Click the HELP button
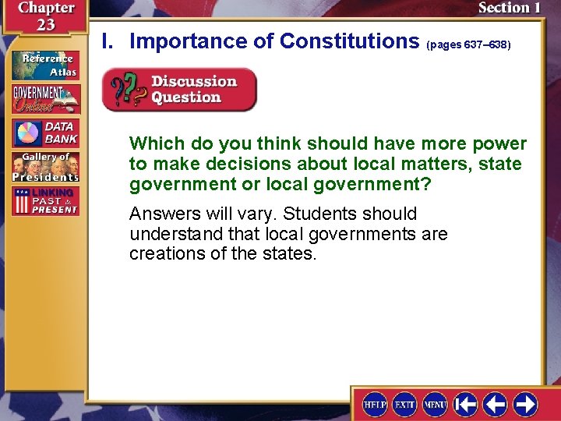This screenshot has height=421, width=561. pos(375,405)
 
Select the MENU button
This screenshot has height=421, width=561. pos(435,405)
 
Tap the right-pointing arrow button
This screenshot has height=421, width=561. pos(525,405)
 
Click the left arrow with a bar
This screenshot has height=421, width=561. pos(466,405)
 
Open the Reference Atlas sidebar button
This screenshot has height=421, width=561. pos(44,65)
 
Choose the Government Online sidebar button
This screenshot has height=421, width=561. pos(44,99)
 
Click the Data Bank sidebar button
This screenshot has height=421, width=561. pos(44,133)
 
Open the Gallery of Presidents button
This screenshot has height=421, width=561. pos(44,168)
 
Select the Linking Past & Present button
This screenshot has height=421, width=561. pos(44,201)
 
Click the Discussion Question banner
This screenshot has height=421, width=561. pos(179,90)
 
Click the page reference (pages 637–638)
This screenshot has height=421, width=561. pos(468,45)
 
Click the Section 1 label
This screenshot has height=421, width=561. pos(509,8)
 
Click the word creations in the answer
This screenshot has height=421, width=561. pos(163,254)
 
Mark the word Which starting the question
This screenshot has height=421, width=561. pos(153,143)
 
